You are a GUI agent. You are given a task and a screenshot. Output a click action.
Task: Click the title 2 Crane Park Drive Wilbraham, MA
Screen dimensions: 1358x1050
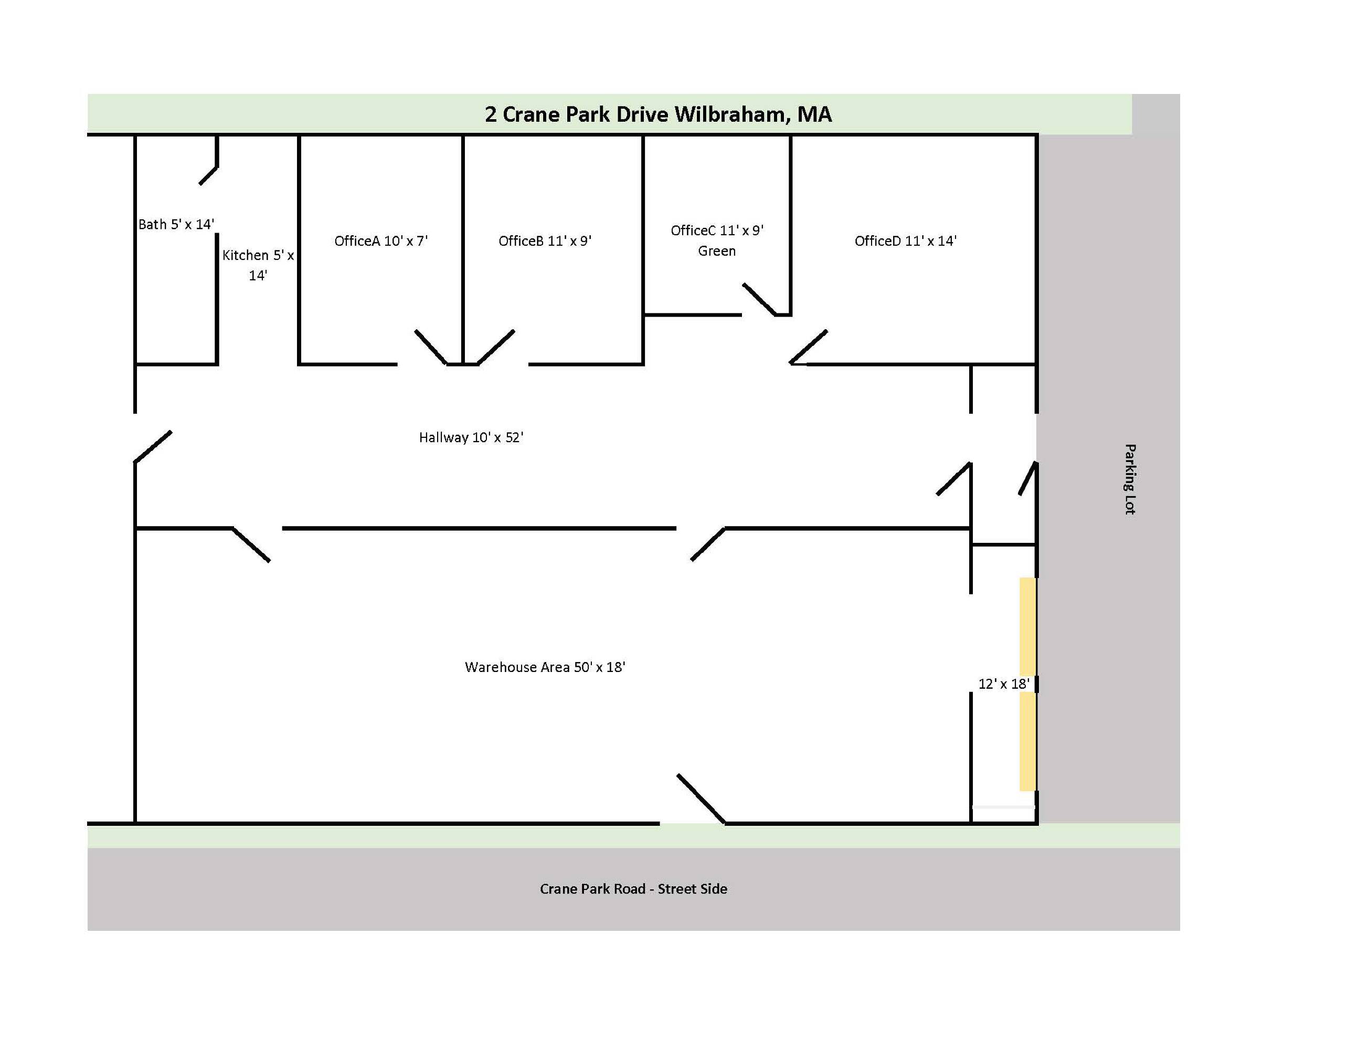tap(658, 114)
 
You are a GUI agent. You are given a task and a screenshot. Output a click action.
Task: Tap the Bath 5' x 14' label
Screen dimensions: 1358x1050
tap(176, 224)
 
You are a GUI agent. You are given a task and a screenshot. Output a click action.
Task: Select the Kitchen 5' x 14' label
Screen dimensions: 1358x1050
tap(258, 265)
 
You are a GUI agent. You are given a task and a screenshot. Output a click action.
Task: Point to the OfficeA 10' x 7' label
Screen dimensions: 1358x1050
tap(381, 241)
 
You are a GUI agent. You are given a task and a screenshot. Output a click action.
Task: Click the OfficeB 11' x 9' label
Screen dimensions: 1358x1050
tap(545, 241)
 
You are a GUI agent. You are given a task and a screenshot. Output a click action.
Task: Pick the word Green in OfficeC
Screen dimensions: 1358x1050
tap(717, 250)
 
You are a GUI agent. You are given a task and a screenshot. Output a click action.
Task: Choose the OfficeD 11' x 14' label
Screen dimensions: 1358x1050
tap(905, 241)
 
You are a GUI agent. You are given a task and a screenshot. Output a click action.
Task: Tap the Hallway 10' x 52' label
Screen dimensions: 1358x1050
tap(471, 437)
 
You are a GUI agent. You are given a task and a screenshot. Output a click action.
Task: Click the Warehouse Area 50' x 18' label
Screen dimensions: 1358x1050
tap(545, 667)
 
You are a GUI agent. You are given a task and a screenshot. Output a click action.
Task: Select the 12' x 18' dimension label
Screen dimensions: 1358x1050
tap(1004, 684)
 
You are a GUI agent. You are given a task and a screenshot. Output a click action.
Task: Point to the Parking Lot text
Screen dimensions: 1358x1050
tap(1130, 479)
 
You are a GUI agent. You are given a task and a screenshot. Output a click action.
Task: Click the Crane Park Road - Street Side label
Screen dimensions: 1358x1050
tap(633, 889)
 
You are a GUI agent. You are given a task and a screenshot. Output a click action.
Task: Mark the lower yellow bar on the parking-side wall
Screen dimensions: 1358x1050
tap(1027, 741)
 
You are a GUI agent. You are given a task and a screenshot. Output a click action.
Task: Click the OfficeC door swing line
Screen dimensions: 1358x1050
tap(759, 299)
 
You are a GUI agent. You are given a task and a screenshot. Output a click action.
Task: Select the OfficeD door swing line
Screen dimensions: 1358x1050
tap(808, 346)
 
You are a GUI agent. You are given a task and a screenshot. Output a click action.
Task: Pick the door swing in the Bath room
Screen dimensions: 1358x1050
tap(208, 175)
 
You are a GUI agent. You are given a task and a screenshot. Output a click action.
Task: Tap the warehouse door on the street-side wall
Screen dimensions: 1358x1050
tap(701, 799)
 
